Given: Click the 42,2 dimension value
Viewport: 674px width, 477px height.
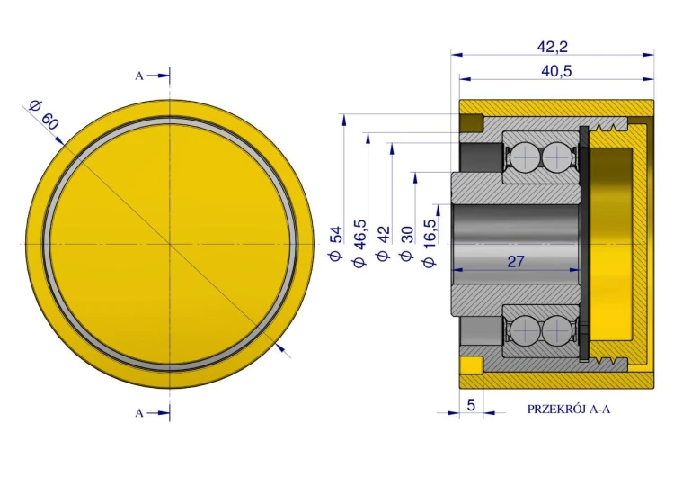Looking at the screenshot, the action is click(x=553, y=47).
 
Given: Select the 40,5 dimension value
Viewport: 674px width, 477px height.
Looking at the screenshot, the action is click(x=556, y=71).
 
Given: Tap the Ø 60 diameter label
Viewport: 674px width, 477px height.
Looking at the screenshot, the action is click(x=43, y=115).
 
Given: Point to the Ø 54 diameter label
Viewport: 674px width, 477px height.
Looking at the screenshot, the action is click(x=335, y=243).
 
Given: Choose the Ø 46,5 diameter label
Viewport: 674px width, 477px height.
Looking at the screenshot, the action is click(x=359, y=243).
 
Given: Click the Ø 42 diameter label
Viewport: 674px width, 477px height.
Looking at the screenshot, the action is click(x=383, y=244).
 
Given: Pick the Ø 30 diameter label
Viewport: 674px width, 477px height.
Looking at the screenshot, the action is click(x=406, y=244).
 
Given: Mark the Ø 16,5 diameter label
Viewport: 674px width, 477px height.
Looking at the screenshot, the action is click(x=430, y=244).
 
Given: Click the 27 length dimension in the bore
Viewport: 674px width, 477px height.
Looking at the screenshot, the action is click(x=516, y=261).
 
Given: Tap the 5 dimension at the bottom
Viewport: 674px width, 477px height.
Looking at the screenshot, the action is click(x=471, y=405).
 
